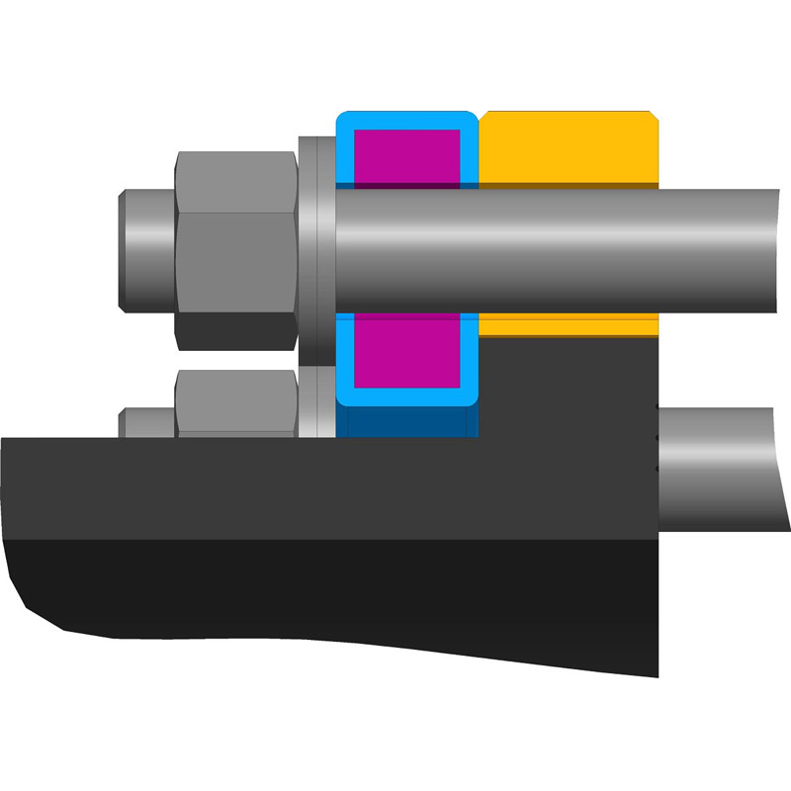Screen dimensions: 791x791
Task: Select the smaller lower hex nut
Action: [x=236, y=400]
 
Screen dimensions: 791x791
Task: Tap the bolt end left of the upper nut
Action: [x=146, y=247]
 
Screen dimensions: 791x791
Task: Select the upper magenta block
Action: [x=406, y=156]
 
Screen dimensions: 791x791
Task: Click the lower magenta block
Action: [x=406, y=350]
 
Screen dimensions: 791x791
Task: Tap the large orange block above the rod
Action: [x=570, y=148]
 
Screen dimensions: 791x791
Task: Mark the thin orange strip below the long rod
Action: [x=570, y=326]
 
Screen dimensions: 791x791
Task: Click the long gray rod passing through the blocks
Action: [x=554, y=247]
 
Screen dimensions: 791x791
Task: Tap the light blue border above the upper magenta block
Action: [x=405, y=121]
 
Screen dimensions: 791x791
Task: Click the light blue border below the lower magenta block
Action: [x=405, y=396]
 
